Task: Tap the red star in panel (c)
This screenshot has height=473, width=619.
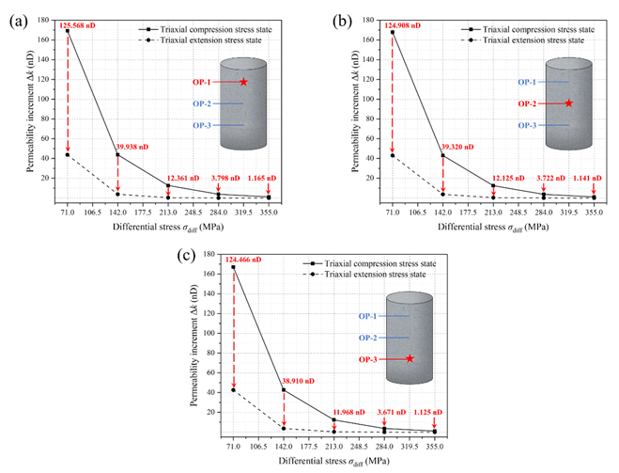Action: pyautogui.click(x=410, y=358)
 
